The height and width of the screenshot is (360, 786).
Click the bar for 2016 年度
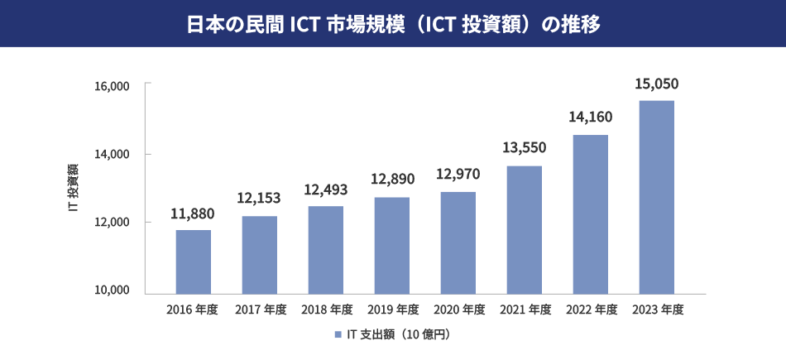coord(193,262)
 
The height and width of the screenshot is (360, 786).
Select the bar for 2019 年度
coord(391,245)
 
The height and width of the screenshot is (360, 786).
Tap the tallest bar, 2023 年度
coord(656,197)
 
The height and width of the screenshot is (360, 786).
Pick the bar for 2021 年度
coord(524,230)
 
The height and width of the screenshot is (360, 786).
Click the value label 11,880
coord(193,214)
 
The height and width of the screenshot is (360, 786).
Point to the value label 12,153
coord(259,199)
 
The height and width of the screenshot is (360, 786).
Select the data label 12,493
coord(325,190)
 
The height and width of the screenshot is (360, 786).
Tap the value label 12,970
coord(457,175)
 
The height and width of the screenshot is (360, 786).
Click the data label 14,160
coord(590,117)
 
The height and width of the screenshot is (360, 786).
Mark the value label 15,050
coord(656,84)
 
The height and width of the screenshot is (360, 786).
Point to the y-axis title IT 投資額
coord(73,189)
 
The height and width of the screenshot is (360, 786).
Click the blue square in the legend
coord(338,334)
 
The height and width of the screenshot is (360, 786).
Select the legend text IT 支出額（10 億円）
coord(398,334)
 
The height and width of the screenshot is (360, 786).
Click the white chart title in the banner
coord(393,24)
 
